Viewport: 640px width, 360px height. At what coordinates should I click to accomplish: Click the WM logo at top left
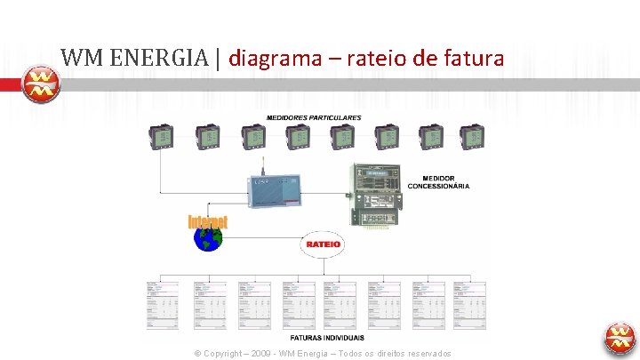click(x=40, y=84)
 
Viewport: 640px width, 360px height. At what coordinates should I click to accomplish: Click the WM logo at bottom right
click(x=620, y=338)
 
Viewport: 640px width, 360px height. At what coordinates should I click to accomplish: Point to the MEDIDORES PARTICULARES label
click(x=314, y=118)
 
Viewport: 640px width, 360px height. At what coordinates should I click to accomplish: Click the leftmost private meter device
click(x=161, y=136)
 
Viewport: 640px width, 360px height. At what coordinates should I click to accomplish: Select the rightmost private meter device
click(x=472, y=136)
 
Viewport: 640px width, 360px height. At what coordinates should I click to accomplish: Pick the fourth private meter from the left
click(x=298, y=136)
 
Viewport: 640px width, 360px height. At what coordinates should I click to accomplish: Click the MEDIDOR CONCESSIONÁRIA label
click(x=438, y=182)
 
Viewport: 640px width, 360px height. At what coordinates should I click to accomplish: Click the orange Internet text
click(x=207, y=221)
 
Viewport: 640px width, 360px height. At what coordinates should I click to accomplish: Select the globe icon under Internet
click(x=208, y=240)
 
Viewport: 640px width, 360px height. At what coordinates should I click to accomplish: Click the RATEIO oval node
click(x=323, y=243)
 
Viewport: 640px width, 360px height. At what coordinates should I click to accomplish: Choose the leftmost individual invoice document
click(x=162, y=304)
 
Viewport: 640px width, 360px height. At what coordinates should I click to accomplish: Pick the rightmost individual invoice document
click(x=471, y=304)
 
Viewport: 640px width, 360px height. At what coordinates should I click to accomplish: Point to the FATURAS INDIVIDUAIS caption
click(x=327, y=339)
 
